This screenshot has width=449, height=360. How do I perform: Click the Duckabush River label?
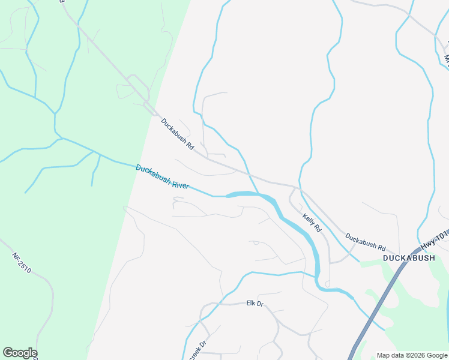pos(162,176)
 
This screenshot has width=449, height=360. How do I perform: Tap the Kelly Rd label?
pos(312,223)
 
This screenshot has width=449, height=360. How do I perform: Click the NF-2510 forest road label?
pos(21,263)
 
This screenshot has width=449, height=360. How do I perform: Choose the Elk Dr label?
pos(255,304)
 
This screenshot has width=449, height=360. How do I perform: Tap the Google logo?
pos(20,353)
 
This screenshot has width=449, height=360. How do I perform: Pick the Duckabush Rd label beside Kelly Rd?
pos(366,241)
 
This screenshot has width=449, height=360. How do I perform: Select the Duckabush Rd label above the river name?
pos(178,133)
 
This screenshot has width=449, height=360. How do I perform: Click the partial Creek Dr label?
pos(197,351)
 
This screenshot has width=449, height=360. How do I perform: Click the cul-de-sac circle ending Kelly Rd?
pos(327,283)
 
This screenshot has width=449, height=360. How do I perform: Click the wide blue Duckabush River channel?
pos(288,216)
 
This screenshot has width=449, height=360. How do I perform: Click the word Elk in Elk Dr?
pos(251,304)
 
